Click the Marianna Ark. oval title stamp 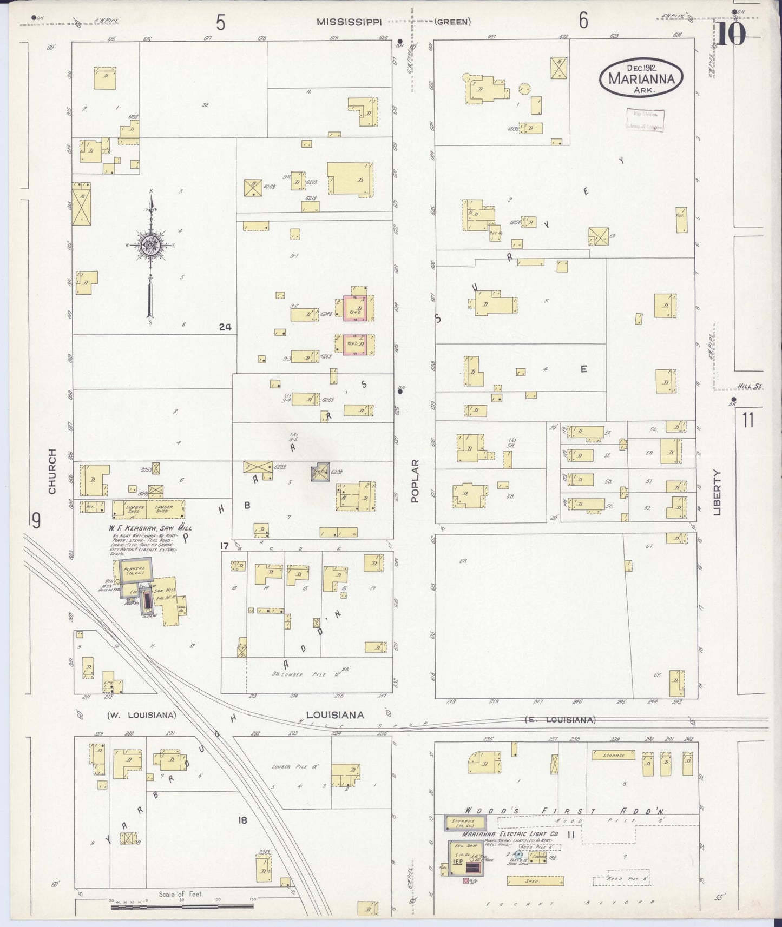pos(641,78)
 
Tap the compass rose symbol pos(149,245)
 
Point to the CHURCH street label pos(52,471)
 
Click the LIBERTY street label pos(718,492)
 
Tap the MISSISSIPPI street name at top pos(350,22)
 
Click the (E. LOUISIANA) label pos(560,720)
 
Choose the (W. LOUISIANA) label pos(142,714)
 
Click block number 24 pos(225,326)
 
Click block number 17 pos(225,546)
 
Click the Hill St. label pos(749,387)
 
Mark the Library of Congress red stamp pos(645,120)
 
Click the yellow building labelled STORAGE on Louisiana pos(613,754)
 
